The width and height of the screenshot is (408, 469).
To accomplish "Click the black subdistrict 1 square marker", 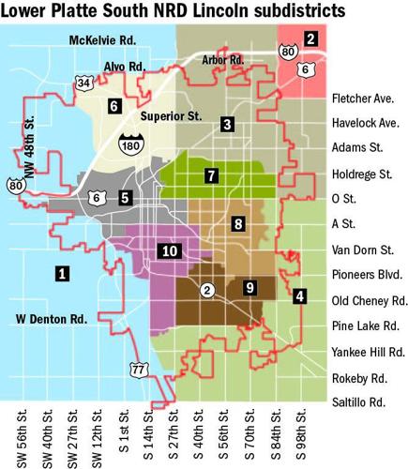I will tap(62, 274).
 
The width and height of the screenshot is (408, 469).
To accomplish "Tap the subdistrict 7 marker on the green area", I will tap(212, 175).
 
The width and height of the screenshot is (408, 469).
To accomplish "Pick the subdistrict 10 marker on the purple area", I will tap(168, 250).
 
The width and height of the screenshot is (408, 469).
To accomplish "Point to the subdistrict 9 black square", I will tap(249, 287).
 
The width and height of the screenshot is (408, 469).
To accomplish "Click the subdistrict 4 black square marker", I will tap(299, 296).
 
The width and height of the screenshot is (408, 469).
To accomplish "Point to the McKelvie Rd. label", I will tap(103, 41).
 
